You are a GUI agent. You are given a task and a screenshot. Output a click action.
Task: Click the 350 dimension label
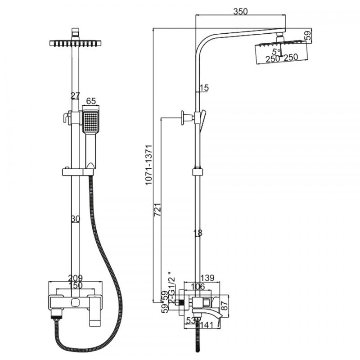pyautogui.click(x=241, y=12)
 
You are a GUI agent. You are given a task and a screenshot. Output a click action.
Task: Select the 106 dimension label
pyautogui.click(x=194, y=287)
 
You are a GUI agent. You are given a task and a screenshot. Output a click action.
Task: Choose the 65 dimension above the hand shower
pyautogui.click(x=91, y=101)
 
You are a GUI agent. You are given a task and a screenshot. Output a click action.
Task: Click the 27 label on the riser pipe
pyautogui.click(x=75, y=95)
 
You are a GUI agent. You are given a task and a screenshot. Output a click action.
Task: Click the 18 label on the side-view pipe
pyautogui.click(x=198, y=233)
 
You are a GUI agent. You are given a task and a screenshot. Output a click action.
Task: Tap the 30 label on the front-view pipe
pyautogui.click(x=75, y=219)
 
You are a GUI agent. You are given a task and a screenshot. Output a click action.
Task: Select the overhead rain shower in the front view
pyautogui.click(x=75, y=43)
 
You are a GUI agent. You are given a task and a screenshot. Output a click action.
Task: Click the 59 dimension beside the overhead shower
pyautogui.click(x=308, y=36)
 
